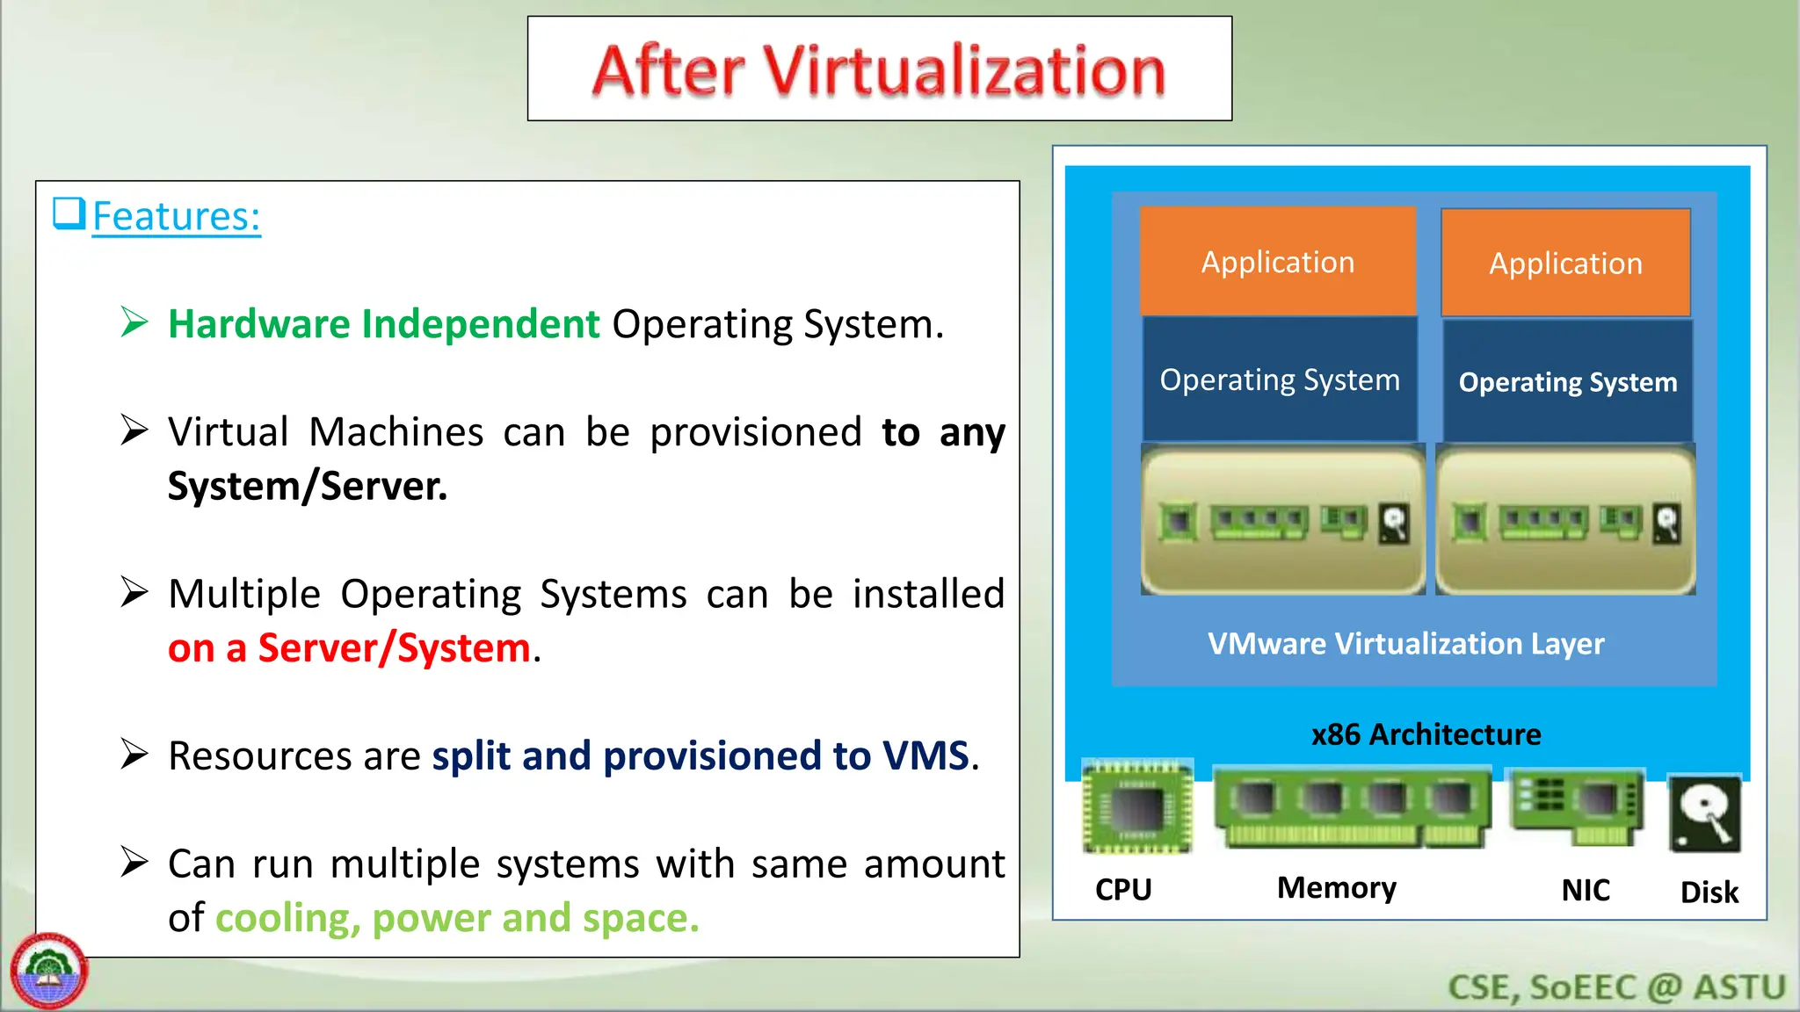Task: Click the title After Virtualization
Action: point(879,70)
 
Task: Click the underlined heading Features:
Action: point(176,216)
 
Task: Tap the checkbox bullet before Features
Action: point(69,213)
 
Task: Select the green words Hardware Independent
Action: point(383,324)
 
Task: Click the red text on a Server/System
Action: point(349,648)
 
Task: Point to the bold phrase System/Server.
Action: point(308,487)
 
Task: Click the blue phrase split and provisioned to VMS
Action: point(700,755)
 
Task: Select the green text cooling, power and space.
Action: point(457,918)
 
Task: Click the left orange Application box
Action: point(1278,262)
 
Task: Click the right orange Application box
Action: point(1565,263)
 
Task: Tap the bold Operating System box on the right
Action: point(1568,382)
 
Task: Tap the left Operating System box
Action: point(1280,379)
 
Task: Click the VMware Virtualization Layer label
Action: point(1405,644)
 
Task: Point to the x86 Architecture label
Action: point(1426,734)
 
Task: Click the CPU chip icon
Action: point(1137,806)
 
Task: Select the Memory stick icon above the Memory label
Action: point(1352,806)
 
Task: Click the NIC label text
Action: point(1586,891)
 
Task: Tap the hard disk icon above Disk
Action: point(1705,814)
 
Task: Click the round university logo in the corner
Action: point(49,972)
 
